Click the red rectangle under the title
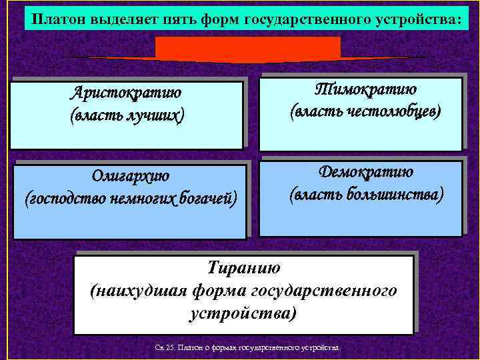click(247, 49)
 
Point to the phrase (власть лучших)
click(127, 115)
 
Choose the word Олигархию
click(131, 176)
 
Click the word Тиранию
click(244, 268)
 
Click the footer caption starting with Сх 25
click(246, 348)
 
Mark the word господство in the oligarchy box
click(61, 198)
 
